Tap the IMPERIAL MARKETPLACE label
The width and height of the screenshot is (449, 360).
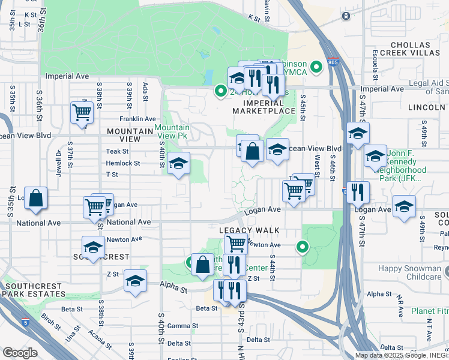264,107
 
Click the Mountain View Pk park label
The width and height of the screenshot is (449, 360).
173,131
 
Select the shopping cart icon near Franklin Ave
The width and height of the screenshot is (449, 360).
82,112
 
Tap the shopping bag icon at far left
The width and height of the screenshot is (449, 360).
36,199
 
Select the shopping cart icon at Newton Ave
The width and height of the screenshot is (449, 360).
237,244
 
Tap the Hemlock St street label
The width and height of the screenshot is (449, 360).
122,163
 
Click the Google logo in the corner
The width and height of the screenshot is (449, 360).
20,353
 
